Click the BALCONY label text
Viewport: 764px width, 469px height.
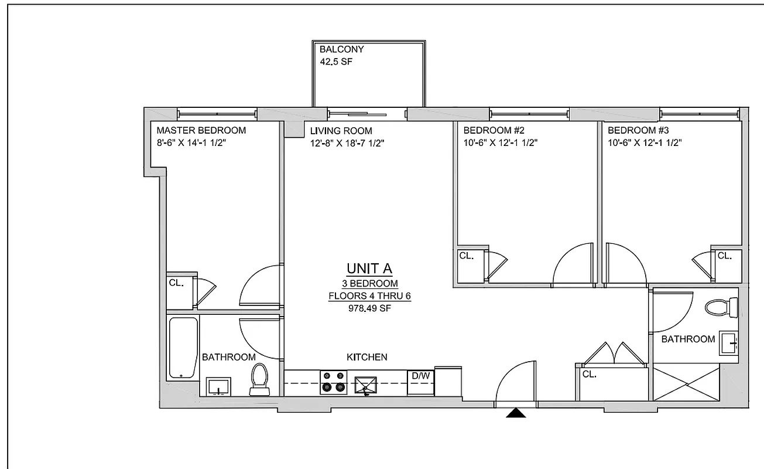coord(341,50)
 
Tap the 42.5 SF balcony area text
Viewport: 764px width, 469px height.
coord(337,61)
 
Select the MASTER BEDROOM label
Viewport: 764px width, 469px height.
coord(201,130)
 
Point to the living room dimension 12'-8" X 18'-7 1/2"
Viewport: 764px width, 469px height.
coord(347,142)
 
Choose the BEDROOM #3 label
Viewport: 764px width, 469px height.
coord(636,130)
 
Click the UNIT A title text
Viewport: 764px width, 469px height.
coord(369,269)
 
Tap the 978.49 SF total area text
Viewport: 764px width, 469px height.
coord(369,308)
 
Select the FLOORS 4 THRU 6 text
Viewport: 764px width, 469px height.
coord(369,296)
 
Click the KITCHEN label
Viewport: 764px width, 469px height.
coord(366,357)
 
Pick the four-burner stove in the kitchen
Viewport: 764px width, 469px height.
coord(333,382)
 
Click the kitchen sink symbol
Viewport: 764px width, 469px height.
coord(366,383)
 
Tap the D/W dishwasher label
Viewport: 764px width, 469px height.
coord(420,375)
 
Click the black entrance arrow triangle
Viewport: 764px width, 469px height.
coord(516,413)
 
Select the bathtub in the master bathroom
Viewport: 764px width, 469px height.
coord(183,347)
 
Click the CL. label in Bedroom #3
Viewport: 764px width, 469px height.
coord(724,256)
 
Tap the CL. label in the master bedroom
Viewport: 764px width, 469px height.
coord(176,283)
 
